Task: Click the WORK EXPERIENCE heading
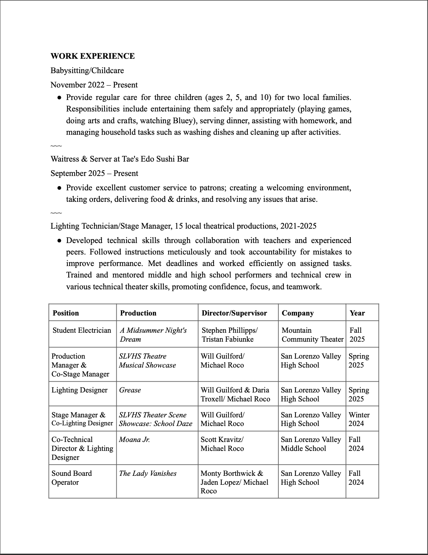[92, 56]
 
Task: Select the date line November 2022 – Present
[94, 85]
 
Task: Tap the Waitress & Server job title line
[120, 159]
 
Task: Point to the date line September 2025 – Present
[94, 173]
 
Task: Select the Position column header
[66, 313]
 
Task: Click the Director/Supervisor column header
[234, 313]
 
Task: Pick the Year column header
[357, 313]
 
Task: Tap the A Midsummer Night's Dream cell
[153, 335]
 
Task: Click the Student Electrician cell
[82, 331]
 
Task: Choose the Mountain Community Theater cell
[312, 335]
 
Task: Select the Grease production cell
[130, 390]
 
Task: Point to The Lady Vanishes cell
[148, 474]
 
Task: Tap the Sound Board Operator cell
[72, 478]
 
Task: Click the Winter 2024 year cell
[359, 419]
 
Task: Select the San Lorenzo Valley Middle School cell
[311, 444]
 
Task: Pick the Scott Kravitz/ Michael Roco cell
[222, 444]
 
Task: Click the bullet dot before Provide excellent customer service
[59, 188]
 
